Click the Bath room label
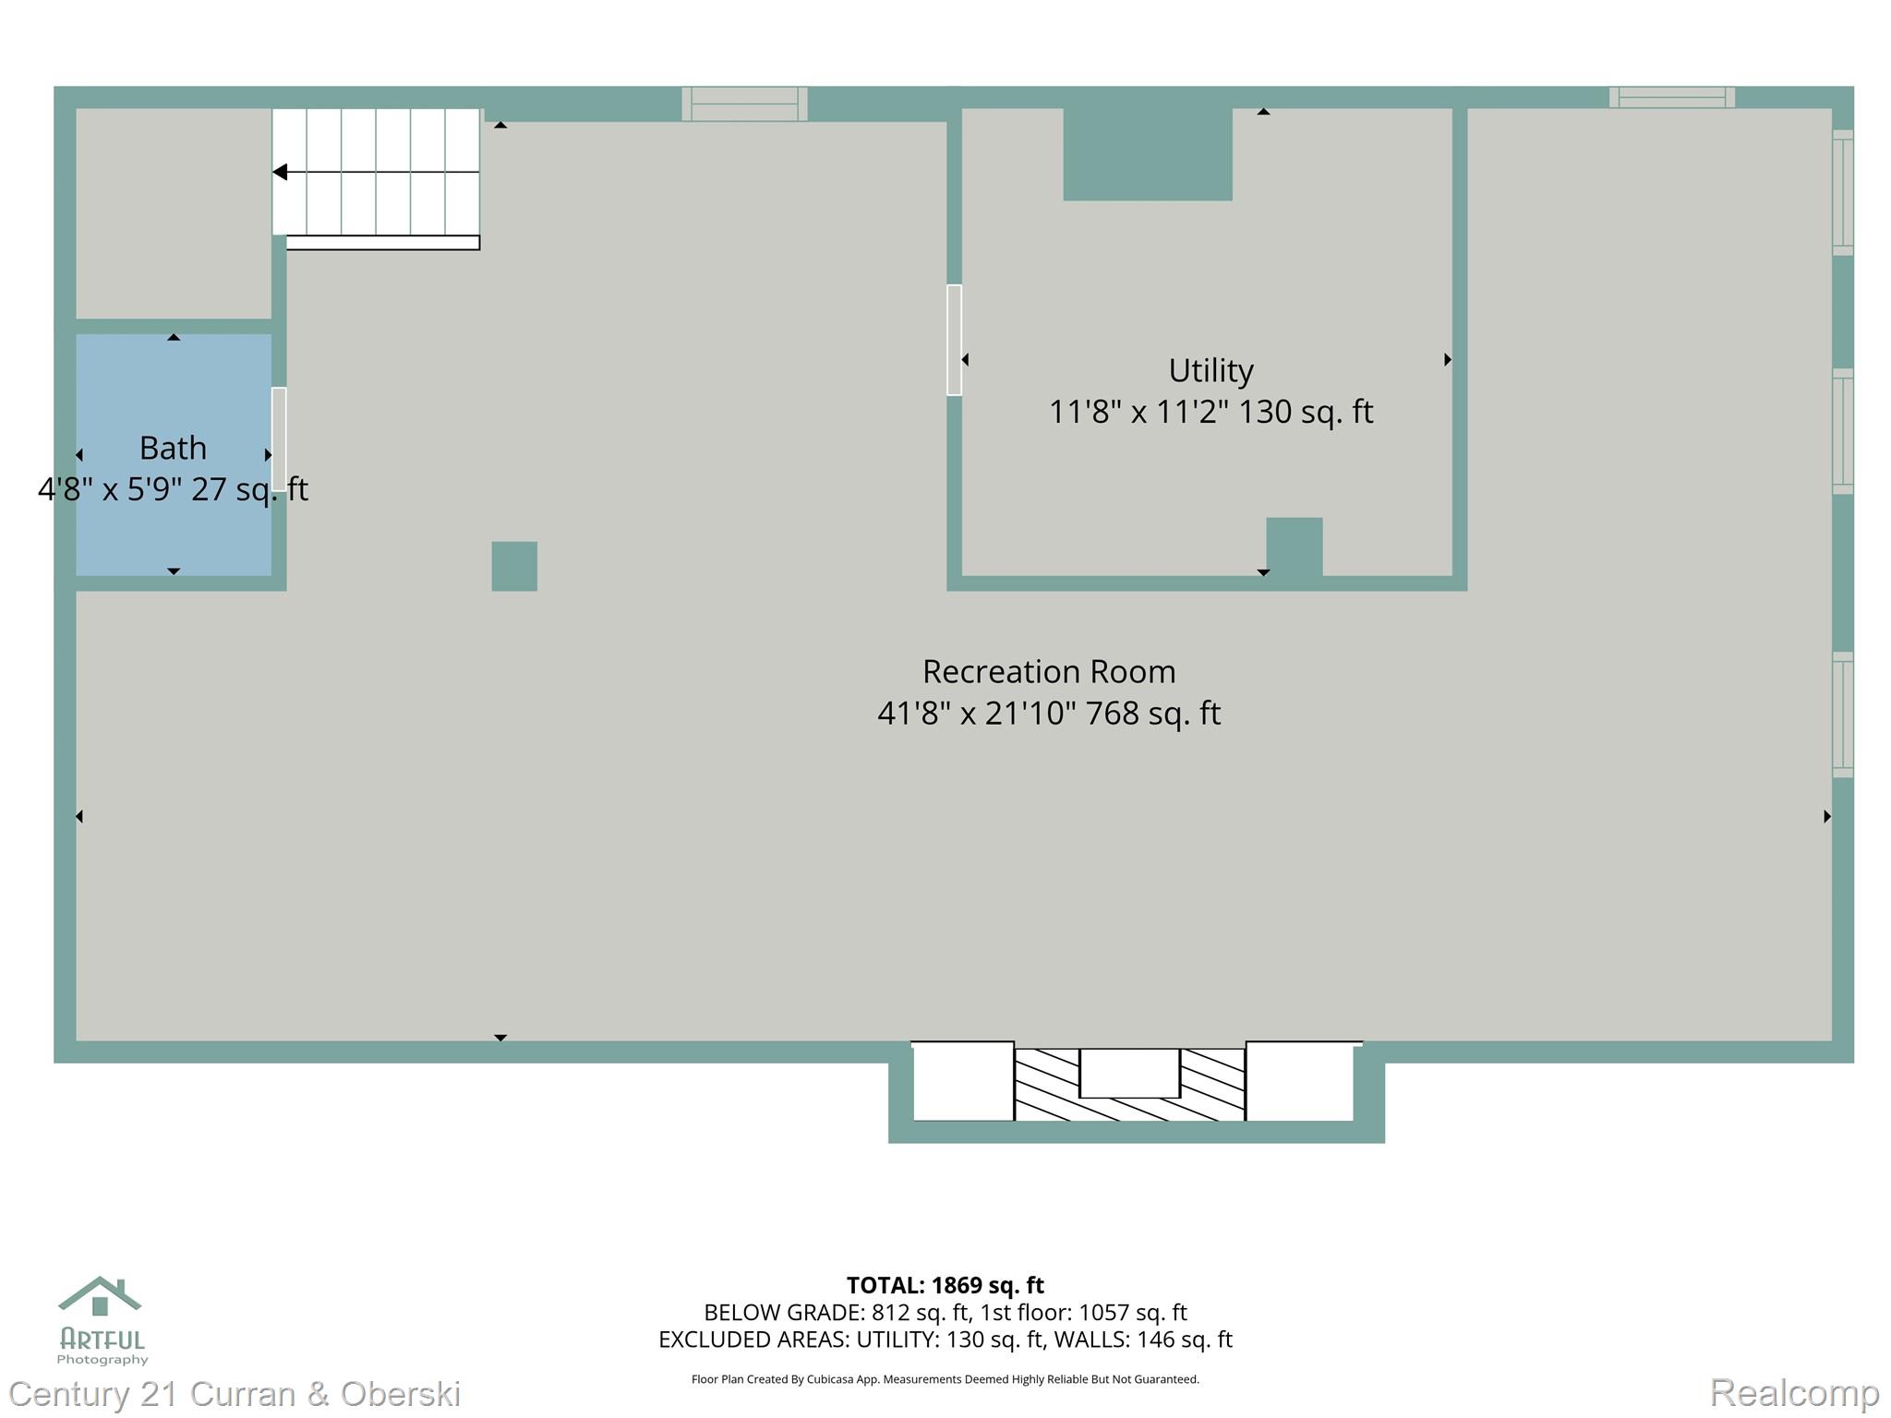click(x=173, y=448)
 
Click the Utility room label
click(x=1210, y=370)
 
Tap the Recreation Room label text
click(x=1049, y=671)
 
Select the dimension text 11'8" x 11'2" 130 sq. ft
click(x=1210, y=412)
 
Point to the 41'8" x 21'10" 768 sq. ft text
click(x=1049, y=713)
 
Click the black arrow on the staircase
click(x=281, y=172)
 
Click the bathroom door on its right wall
click(x=279, y=438)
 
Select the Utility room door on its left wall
click(x=954, y=340)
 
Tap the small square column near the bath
click(x=514, y=566)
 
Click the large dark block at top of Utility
click(x=1147, y=153)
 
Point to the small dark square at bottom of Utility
click(x=1294, y=547)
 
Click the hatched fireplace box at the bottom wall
click(x=1129, y=1084)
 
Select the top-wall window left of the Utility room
click(x=744, y=103)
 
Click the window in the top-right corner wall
click(x=1671, y=97)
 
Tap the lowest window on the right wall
click(x=1842, y=715)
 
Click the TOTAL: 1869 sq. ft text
click(x=945, y=1285)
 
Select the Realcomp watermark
click(x=1794, y=1392)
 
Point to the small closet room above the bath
click(x=173, y=212)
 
